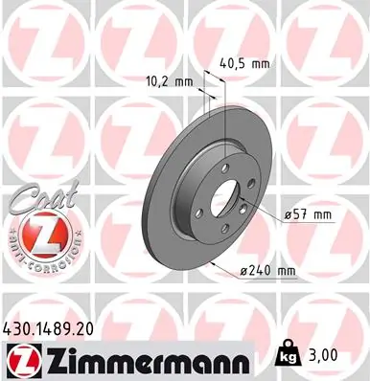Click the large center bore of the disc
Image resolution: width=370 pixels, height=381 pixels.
(223, 200)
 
